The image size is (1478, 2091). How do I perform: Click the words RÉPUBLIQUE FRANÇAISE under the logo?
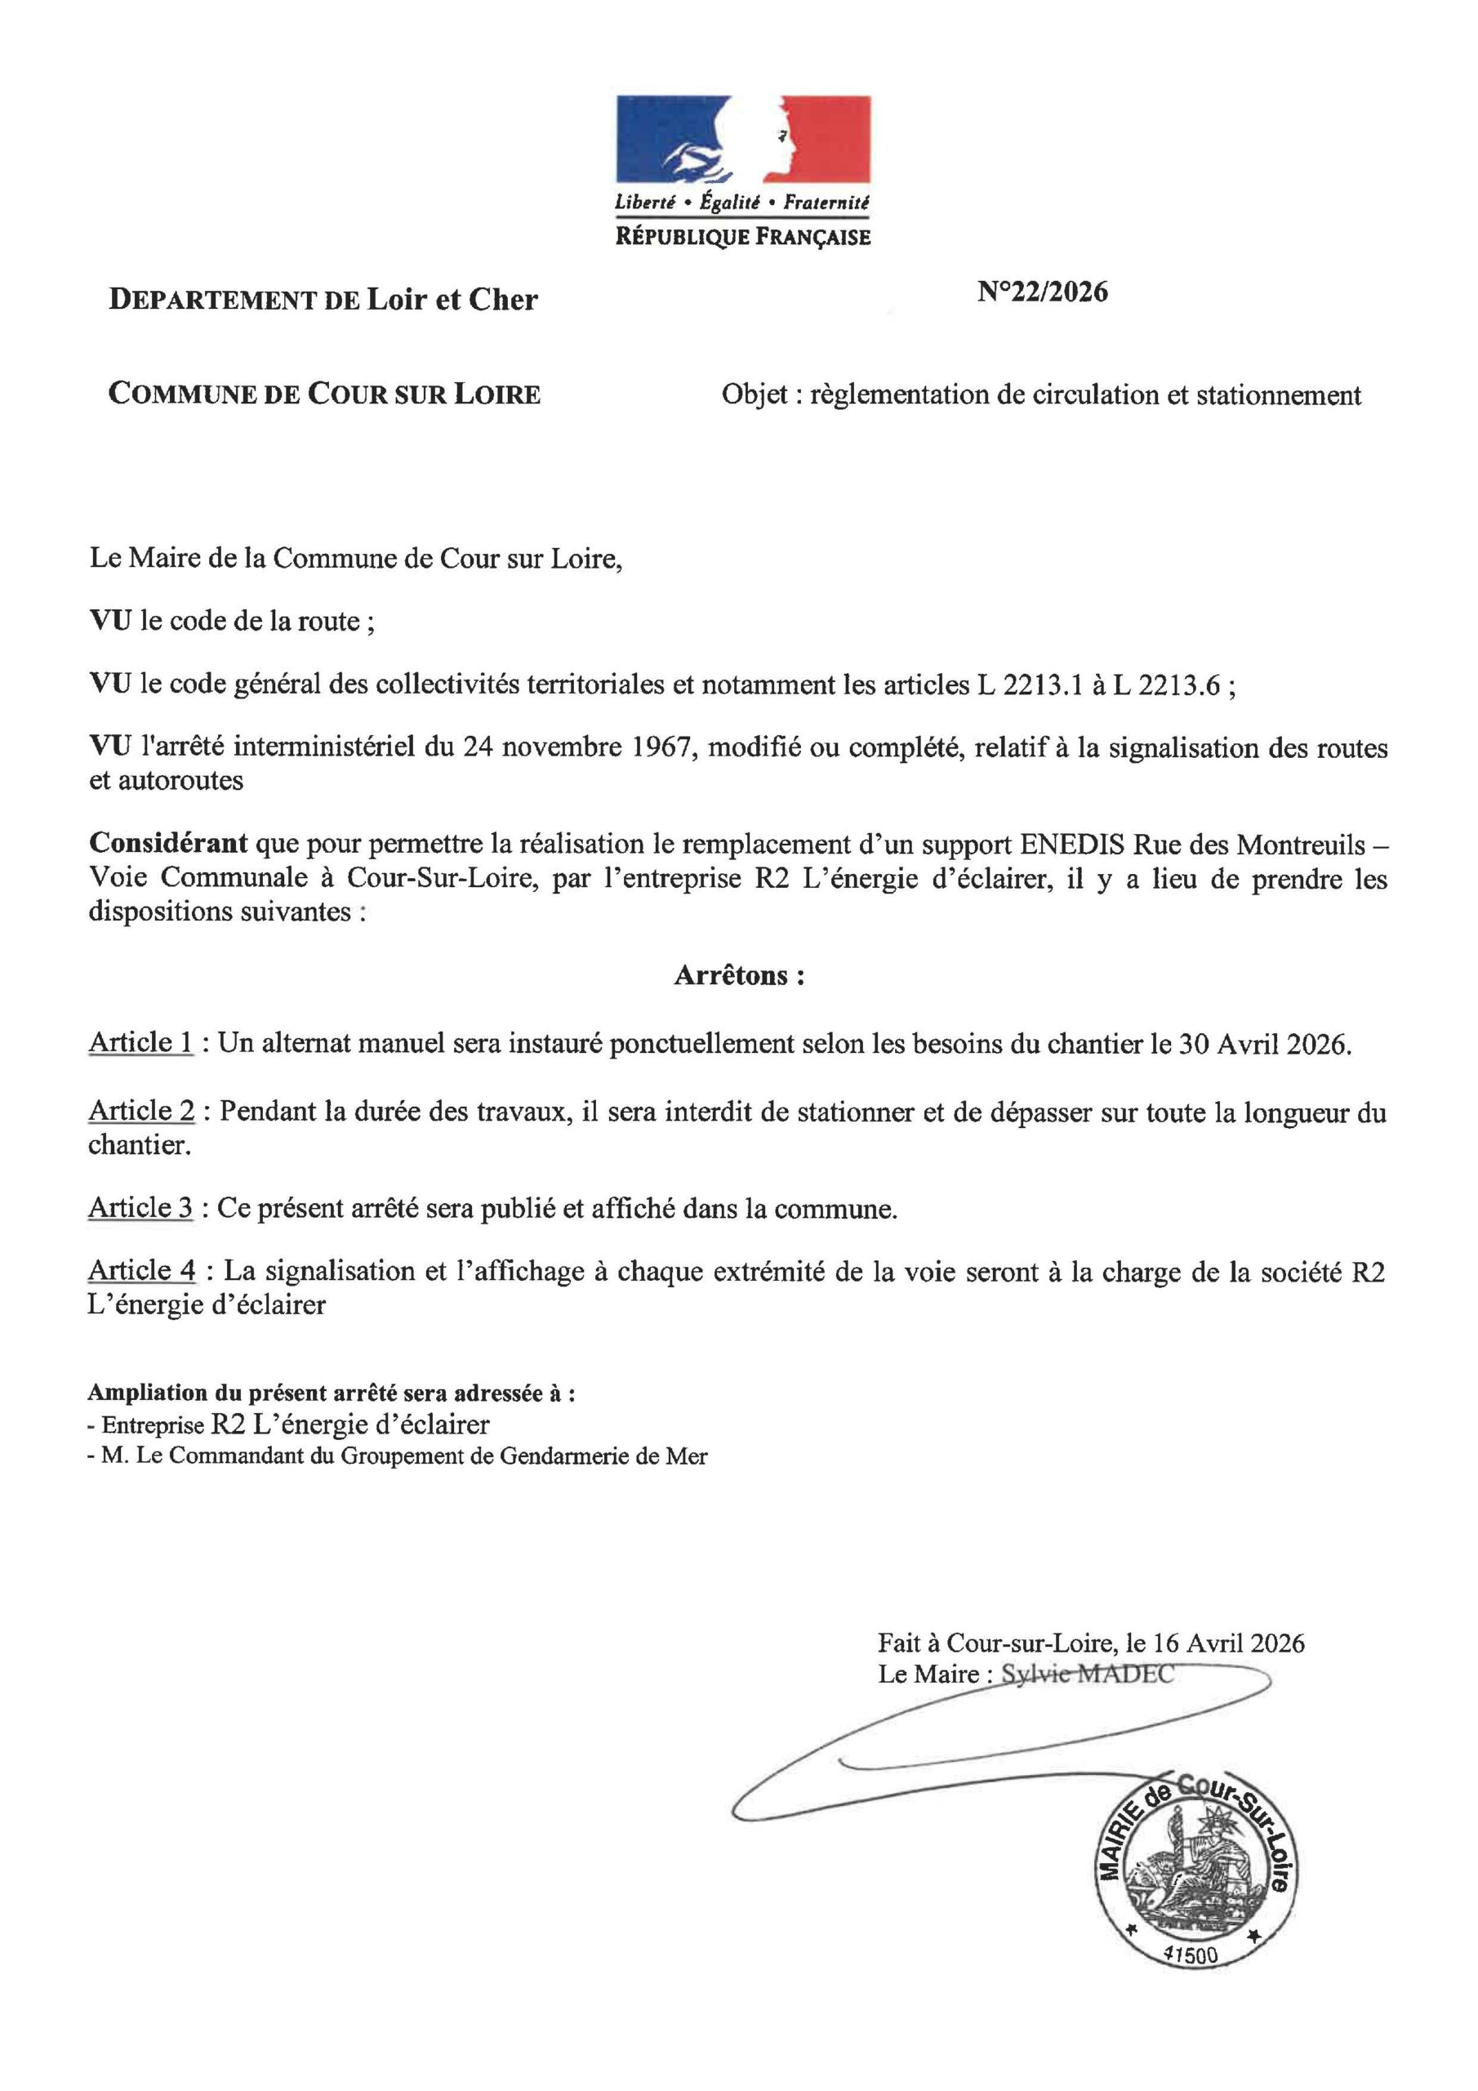[742, 238]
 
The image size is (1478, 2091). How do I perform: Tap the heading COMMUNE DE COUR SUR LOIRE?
[324, 395]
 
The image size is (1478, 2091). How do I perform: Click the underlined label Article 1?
[141, 1044]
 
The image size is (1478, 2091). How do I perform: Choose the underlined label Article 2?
[141, 1112]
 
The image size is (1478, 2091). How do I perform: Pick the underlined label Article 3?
[141, 1209]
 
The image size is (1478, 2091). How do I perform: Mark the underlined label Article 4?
[141, 1272]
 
